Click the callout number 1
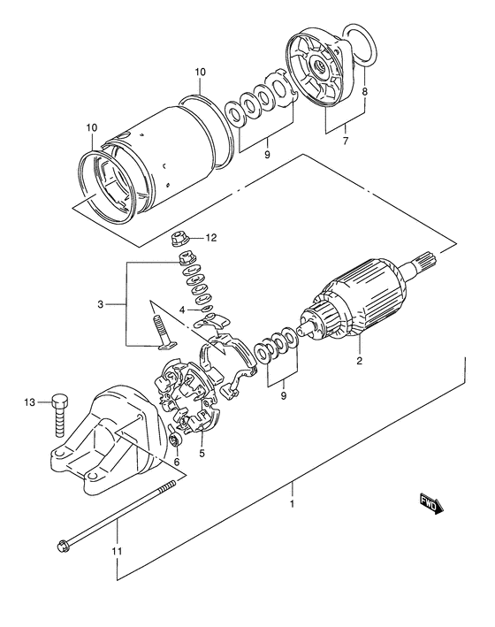(x=293, y=507)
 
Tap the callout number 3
(x=103, y=304)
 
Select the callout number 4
(x=181, y=310)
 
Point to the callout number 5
(x=202, y=454)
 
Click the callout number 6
(x=176, y=461)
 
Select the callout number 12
(x=211, y=238)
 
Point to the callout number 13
(x=28, y=402)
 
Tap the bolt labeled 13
(x=59, y=411)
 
